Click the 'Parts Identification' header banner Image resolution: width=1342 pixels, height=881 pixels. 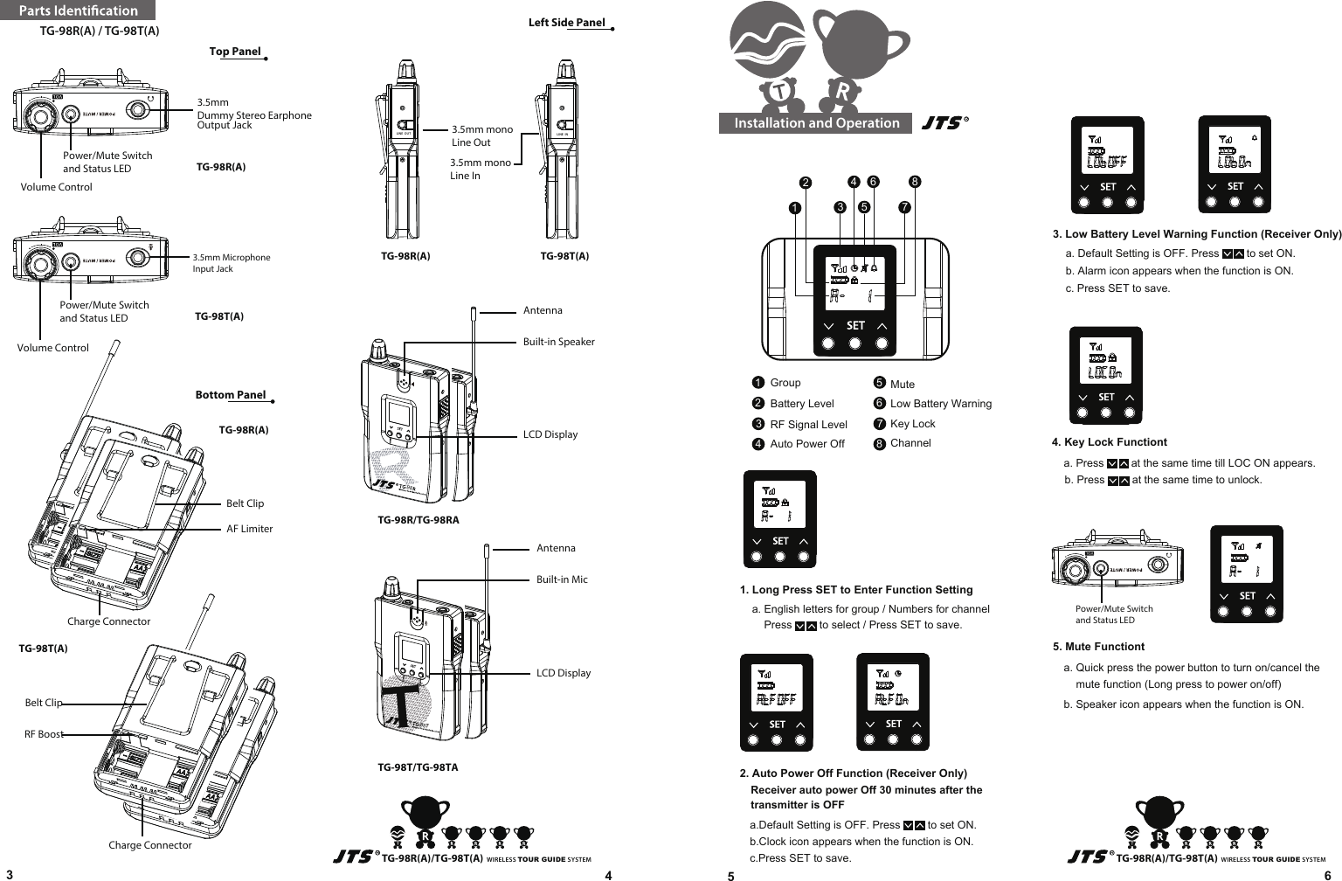78,10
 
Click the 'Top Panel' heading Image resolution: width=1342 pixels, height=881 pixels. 235,51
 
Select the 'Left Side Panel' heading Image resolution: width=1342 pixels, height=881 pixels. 566,23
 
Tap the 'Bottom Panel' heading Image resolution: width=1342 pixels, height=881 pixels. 230,394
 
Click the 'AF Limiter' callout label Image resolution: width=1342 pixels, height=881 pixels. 249,529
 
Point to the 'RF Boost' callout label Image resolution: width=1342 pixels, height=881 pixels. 44,734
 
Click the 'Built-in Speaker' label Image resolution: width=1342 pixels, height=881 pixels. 558,342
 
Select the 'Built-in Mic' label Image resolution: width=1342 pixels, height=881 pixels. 562,579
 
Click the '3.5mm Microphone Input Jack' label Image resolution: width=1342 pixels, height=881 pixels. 231,263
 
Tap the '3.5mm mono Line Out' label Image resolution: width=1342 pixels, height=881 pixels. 481,135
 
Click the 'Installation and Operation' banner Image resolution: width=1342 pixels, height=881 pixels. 816,123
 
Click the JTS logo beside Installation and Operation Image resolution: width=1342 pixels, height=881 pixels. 944,123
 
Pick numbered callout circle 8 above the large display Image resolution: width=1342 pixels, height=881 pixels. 915,182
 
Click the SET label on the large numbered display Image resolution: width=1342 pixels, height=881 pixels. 855,325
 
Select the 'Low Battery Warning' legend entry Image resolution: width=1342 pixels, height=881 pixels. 940,404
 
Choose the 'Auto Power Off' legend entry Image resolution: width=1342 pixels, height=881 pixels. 806,444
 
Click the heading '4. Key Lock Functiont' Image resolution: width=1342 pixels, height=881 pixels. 1109,442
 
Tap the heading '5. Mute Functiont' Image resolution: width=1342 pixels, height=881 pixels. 1098,647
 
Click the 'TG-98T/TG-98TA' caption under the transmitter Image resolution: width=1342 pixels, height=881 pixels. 418,767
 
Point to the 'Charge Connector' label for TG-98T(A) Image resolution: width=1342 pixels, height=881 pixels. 149,845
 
